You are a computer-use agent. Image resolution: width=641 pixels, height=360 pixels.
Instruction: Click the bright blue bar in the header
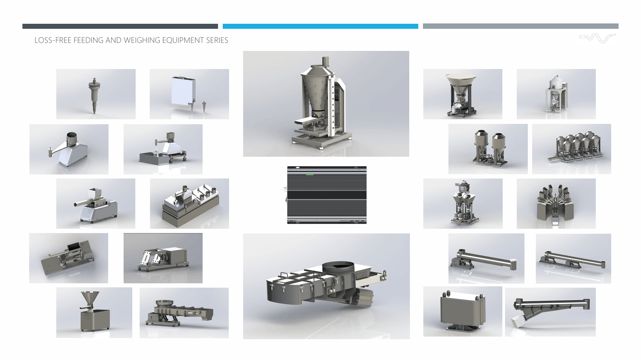pos(320,26)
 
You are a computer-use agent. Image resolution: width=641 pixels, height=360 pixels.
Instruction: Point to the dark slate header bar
pos(120,26)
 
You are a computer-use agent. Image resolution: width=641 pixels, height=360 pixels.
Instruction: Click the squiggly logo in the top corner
pos(597,38)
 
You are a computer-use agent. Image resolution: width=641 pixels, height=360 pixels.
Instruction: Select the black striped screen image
pos(327,195)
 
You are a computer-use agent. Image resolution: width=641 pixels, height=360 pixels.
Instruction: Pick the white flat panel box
pos(183,91)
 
